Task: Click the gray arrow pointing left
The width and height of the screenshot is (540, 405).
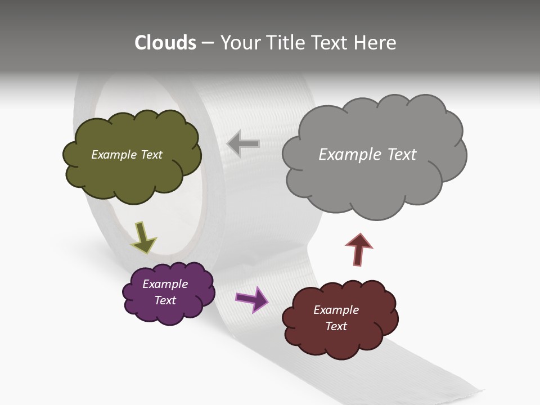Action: point(243,143)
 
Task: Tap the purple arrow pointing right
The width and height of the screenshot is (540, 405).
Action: point(252,299)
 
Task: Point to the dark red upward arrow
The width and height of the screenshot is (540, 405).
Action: point(358,249)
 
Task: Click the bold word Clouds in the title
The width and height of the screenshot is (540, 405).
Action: point(165,43)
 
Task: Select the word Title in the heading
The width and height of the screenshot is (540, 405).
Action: point(285,43)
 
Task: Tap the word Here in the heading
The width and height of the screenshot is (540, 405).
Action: point(376,43)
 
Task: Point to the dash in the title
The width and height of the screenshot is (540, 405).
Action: point(208,43)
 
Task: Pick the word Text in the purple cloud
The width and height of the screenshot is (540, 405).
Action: point(165,300)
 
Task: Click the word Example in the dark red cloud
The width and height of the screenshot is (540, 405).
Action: point(336,310)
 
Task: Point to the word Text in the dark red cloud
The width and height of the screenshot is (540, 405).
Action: point(336,326)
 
